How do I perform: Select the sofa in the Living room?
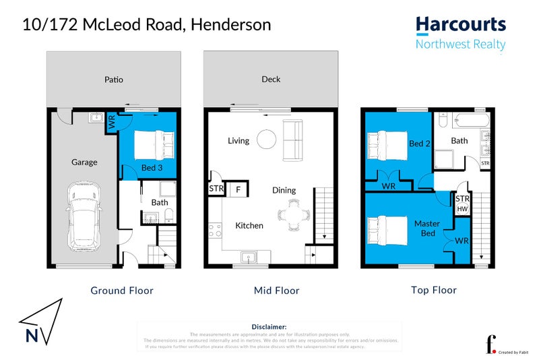[293, 140]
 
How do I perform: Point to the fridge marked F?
[238, 189]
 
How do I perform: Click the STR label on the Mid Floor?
[216, 189]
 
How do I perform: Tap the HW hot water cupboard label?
[462, 209]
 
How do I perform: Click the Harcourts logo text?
[461, 26]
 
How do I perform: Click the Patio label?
[114, 80]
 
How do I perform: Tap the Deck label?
[271, 80]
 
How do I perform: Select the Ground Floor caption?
[122, 291]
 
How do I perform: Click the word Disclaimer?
[269, 326]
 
